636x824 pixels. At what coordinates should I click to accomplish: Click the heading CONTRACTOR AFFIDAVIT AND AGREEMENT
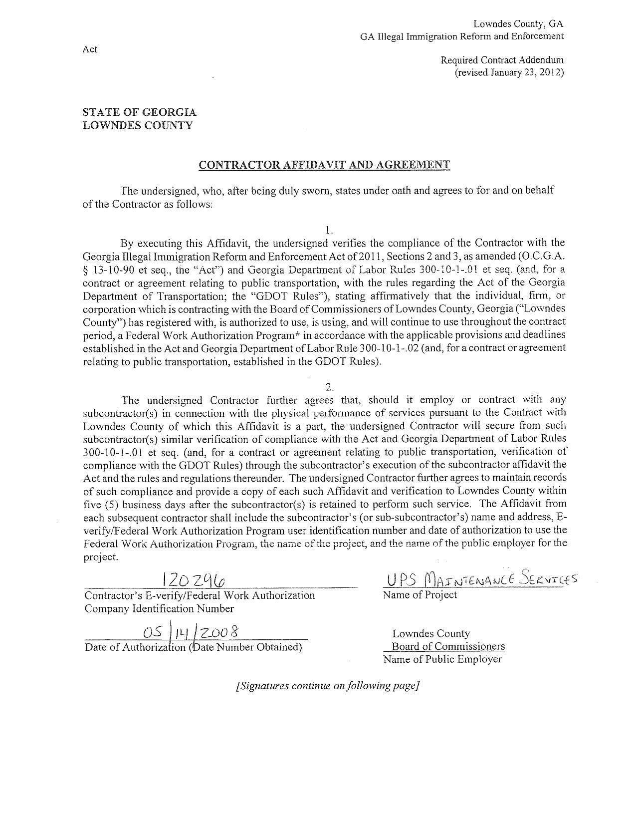tap(324, 165)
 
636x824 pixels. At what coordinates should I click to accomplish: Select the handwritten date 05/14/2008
tap(190, 632)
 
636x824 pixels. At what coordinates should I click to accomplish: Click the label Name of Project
tap(420, 595)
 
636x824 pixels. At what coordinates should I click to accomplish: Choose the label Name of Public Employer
tap(442, 659)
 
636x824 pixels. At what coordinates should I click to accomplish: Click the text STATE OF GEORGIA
tap(139, 112)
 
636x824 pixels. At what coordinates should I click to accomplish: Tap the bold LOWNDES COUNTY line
tap(137, 125)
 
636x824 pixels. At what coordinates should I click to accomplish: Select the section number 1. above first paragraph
tap(328, 230)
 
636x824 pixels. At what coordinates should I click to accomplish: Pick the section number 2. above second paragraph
tap(328, 387)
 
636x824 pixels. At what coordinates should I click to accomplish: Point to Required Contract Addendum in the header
tap(502, 60)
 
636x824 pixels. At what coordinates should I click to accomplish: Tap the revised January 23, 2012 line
tap(509, 72)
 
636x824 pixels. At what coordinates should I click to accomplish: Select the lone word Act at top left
tap(90, 49)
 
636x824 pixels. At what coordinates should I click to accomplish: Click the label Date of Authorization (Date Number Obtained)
tap(194, 647)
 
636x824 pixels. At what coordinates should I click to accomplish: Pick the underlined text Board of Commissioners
tap(448, 646)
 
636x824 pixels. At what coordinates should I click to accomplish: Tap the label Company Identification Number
tap(159, 608)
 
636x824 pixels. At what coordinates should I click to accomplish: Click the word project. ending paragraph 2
tap(100, 557)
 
